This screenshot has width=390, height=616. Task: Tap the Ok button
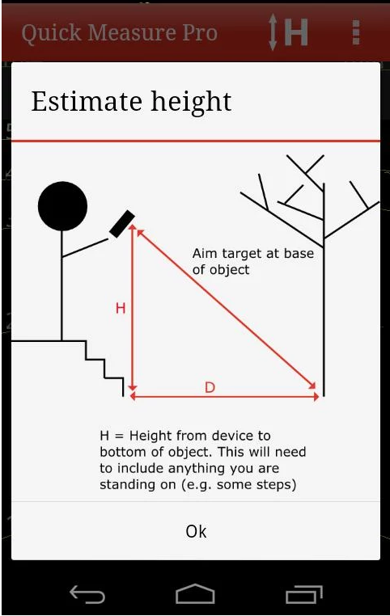[196, 531]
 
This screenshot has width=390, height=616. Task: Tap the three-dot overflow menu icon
[356, 32]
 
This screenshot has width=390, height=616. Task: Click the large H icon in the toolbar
[296, 32]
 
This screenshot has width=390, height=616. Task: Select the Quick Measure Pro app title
[120, 33]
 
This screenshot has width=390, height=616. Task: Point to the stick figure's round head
[62, 206]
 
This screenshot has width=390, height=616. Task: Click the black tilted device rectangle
[122, 224]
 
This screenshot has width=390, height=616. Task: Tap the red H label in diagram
[121, 308]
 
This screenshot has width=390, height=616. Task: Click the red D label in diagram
[210, 388]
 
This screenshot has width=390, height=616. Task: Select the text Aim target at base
[253, 254]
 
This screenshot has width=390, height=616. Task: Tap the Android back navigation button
[87, 593]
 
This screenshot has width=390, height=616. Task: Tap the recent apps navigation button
[304, 593]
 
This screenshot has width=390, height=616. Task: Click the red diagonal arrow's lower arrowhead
[312, 386]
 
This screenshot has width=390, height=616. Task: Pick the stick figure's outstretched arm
[85, 248]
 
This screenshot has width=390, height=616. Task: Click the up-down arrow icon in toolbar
[273, 32]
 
